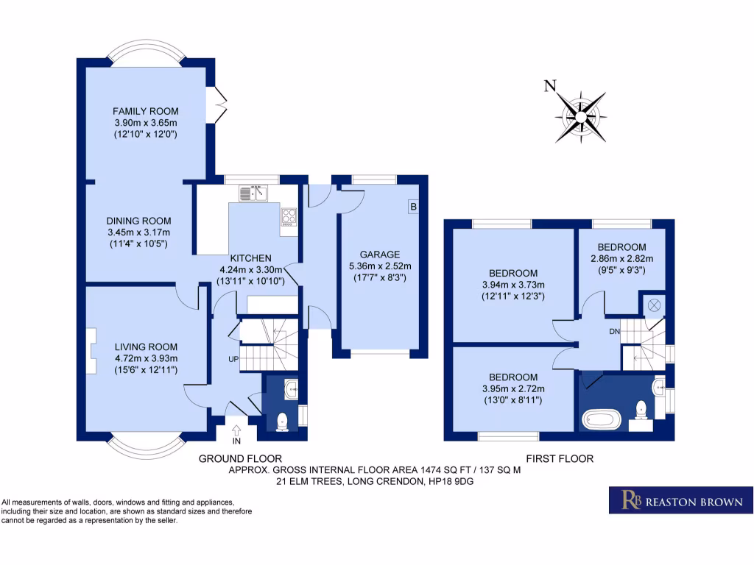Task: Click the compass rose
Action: (x=582, y=116)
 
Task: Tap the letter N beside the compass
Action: (x=549, y=86)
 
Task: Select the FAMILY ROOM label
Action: (x=146, y=111)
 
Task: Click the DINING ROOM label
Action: (x=138, y=221)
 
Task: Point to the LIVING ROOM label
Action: (x=146, y=347)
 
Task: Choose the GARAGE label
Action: (x=379, y=255)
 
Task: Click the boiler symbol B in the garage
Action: (x=413, y=207)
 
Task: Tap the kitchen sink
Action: (x=253, y=193)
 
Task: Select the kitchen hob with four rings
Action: (x=289, y=217)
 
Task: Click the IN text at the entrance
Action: (x=236, y=442)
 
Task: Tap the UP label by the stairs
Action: (x=232, y=360)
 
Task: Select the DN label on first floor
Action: (x=614, y=332)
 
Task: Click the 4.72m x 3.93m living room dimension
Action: (x=146, y=358)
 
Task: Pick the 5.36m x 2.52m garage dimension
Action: (x=379, y=266)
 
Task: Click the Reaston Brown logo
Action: (x=681, y=500)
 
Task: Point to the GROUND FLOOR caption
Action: (x=240, y=458)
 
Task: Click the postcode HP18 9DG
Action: (x=447, y=482)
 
